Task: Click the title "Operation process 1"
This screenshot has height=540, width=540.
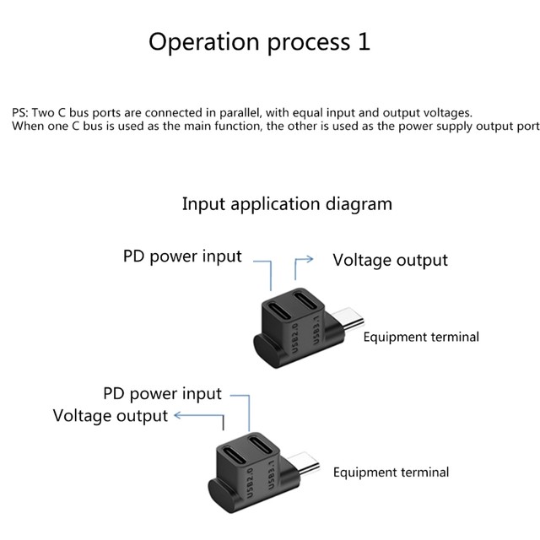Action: (x=259, y=42)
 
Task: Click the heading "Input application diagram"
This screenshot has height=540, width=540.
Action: (x=287, y=204)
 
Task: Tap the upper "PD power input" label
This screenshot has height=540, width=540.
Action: (x=182, y=256)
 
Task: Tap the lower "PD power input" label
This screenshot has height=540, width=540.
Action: (x=162, y=394)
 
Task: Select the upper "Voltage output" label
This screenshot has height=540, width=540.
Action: (x=390, y=260)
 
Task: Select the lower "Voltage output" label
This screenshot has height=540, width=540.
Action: (x=110, y=416)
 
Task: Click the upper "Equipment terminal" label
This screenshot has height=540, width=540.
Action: (x=421, y=337)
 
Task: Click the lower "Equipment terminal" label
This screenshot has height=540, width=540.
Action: (x=391, y=472)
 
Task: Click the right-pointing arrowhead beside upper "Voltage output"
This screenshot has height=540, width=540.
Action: (x=311, y=260)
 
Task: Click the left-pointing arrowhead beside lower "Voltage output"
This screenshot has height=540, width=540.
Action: (x=176, y=416)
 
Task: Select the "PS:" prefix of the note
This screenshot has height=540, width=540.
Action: (x=19, y=112)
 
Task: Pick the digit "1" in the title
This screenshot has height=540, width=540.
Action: (x=364, y=42)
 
